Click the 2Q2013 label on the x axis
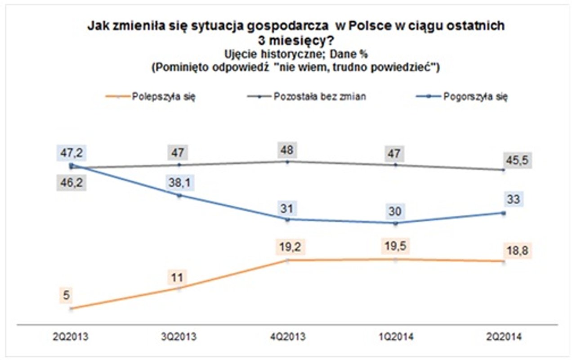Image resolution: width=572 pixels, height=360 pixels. click(71, 337)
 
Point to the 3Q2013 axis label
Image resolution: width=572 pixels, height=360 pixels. click(179, 337)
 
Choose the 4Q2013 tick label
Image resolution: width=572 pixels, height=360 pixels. click(287, 337)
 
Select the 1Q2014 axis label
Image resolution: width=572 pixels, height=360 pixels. click(395, 337)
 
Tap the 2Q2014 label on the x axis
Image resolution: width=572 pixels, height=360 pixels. click(504, 337)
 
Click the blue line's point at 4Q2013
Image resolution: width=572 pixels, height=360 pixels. click(287, 219)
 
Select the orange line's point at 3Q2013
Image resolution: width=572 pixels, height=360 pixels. click(179, 288)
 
